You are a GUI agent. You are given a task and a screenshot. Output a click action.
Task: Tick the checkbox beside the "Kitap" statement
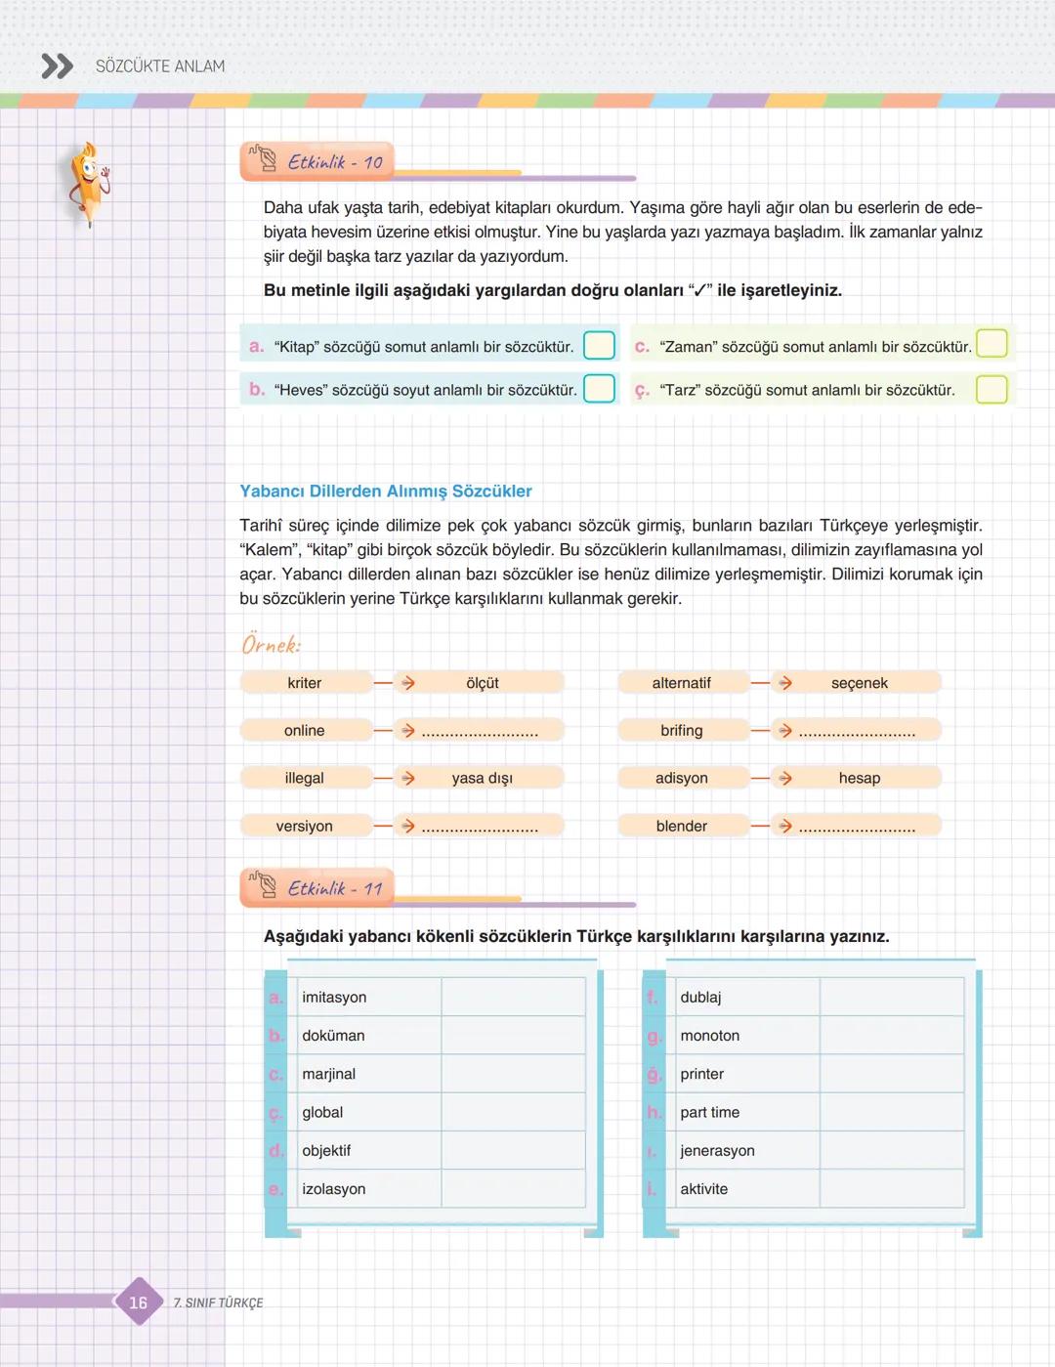(599, 345)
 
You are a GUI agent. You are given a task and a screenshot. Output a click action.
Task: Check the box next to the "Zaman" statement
(992, 344)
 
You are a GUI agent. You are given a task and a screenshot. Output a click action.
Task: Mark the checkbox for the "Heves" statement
(599, 388)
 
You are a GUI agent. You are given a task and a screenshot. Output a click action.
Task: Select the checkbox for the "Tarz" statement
(992, 388)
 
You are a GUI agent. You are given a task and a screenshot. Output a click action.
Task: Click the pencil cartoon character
(89, 183)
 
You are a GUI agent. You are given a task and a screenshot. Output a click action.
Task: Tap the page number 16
(139, 1302)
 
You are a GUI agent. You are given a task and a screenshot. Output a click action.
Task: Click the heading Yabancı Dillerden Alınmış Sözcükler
(386, 491)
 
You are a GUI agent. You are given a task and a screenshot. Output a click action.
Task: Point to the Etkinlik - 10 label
(334, 162)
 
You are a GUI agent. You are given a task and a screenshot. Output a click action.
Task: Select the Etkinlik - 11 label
(334, 888)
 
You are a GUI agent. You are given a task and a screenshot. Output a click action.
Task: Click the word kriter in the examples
(305, 683)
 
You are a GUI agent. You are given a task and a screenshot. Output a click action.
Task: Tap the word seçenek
(860, 683)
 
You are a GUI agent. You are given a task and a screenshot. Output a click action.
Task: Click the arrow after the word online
(407, 731)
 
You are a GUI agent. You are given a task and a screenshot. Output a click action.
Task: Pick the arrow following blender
(784, 827)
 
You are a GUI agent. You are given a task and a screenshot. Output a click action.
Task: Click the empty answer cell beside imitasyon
(513, 997)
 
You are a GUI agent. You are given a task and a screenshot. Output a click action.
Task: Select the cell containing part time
(747, 1112)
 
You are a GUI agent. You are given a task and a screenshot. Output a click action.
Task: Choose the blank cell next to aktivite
(891, 1188)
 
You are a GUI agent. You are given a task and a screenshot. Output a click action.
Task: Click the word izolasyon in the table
(334, 1189)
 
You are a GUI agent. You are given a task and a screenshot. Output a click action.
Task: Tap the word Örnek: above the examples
(272, 645)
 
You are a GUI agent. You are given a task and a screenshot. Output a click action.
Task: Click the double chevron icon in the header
(58, 66)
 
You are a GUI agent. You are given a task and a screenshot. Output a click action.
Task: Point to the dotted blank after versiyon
(480, 828)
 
